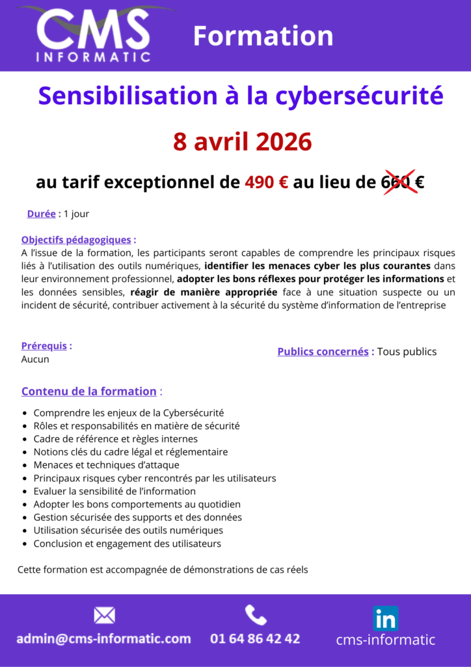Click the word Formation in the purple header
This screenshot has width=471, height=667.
(263, 36)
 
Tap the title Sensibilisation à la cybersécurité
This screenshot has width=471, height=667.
(241, 96)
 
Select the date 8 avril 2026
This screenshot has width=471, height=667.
(242, 141)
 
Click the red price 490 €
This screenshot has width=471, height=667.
(267, 183)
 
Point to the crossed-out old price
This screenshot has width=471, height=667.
(398, 183)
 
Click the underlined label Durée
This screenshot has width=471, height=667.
(41, 214)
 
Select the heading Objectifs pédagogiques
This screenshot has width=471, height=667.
(76, 240)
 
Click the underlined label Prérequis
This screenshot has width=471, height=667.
(44, 346)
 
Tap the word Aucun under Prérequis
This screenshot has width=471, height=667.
(35, 359)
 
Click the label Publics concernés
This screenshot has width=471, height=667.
(323, 352)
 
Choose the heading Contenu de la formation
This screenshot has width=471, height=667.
(88, 391)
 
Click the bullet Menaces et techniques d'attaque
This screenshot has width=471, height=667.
(106, 465)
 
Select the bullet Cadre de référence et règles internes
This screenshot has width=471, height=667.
(115, 439)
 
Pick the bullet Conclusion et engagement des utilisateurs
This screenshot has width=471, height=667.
(127, 543)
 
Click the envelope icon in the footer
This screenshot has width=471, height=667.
(104, 615)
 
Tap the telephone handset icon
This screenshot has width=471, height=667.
(255, 614)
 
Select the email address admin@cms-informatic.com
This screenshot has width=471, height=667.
(104, 638)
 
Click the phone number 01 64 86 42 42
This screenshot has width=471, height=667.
(255, 638)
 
